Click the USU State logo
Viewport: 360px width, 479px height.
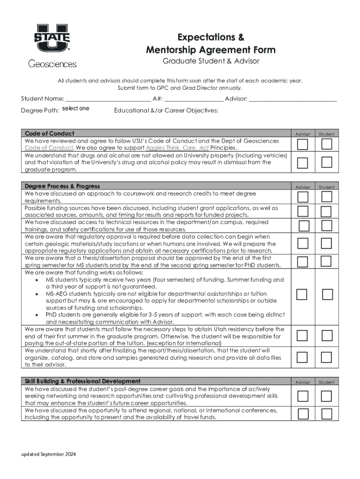[52, 37]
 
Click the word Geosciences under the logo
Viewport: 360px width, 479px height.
[52, 64]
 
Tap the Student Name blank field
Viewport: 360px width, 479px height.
[108, 99]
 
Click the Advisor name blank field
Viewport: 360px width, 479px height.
[293, 99]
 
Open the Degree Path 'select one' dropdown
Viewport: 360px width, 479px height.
[75, 109]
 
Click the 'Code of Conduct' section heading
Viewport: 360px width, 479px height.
[50, 134]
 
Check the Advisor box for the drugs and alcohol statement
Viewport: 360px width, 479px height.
[303, 162]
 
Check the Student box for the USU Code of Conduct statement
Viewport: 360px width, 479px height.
[327, 144]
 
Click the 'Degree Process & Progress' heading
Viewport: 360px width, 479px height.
[62, 186]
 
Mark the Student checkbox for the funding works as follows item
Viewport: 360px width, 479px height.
[327, 294]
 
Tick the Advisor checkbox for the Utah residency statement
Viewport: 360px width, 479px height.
[303, 335]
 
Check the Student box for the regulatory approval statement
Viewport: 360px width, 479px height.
[327, 243]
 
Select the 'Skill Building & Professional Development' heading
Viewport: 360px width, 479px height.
[83, 381]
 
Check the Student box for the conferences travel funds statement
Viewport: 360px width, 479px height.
[327, 414]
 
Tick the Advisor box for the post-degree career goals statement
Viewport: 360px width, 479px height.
[303, 396]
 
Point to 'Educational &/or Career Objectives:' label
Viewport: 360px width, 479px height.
[166, 110]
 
